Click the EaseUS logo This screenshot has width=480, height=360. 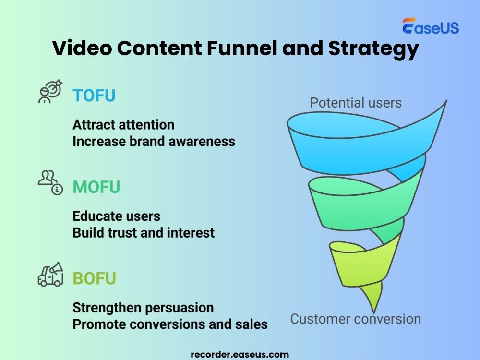(430, 27)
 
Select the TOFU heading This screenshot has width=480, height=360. (94, 96)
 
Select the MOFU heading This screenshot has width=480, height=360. (96, 187)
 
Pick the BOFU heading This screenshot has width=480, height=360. (94, 279)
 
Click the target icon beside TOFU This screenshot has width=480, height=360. (50, 91)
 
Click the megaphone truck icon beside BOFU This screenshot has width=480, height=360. (50, 274)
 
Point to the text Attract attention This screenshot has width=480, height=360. (123, 125)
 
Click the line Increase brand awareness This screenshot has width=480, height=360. (154, 141)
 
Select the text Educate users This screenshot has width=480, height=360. (116, 216)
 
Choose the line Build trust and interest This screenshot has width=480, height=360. (144, 233)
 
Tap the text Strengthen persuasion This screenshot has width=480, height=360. (143, 307)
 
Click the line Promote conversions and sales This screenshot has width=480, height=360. (170, 324)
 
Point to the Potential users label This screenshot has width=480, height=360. (356, 102)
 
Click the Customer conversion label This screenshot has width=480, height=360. (355, 319)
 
